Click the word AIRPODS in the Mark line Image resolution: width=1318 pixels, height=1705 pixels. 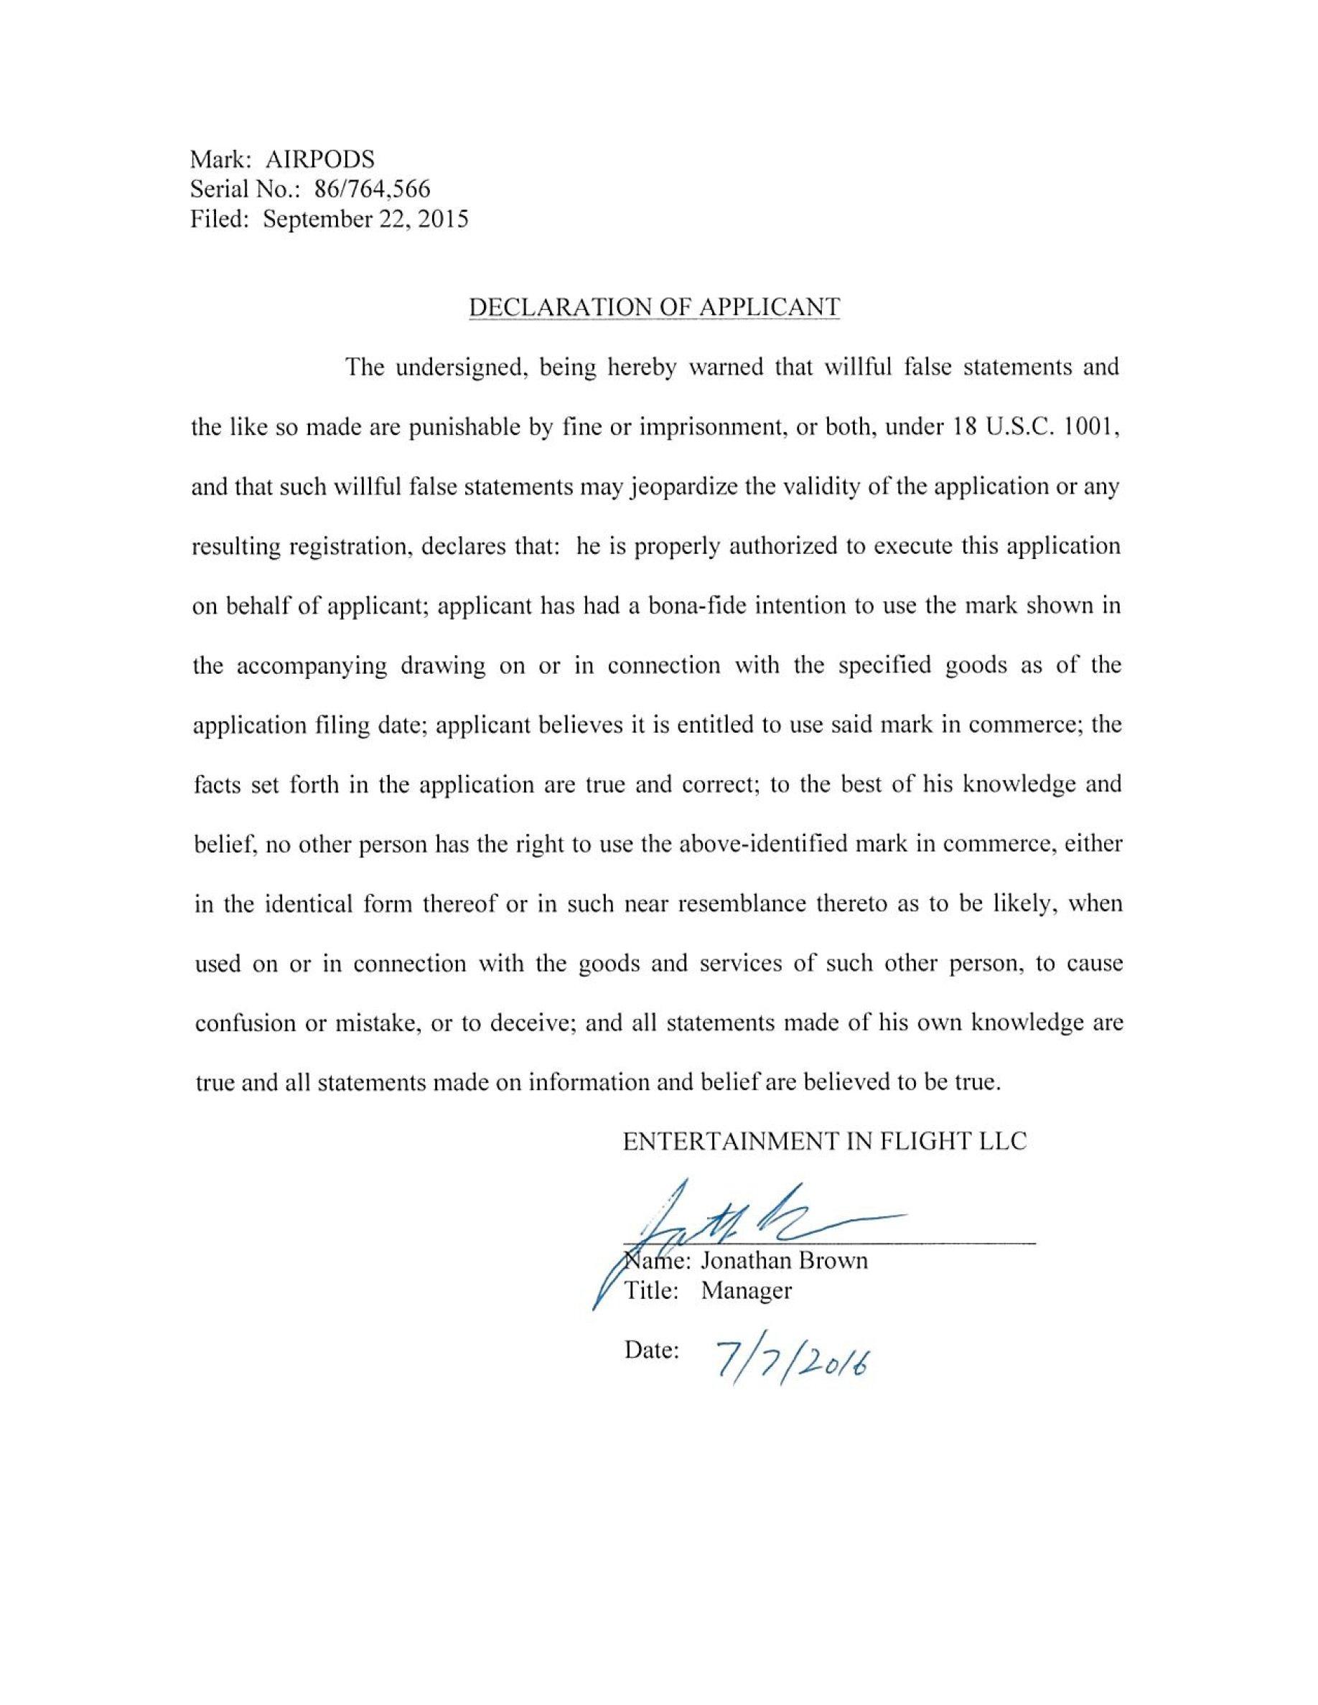point(320,159)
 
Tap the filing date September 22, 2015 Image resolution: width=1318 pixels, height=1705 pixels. point(365,220)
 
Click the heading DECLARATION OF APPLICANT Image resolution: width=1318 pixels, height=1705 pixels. point(653,308)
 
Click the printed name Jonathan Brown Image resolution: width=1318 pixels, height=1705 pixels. point(783,1261)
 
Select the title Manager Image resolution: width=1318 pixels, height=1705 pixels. point(746,1290)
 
